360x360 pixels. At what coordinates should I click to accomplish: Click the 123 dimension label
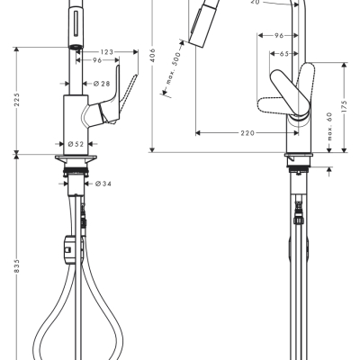(107, 52)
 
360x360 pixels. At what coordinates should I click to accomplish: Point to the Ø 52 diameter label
(76, 144)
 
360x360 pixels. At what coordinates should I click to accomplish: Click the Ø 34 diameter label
(103, 184)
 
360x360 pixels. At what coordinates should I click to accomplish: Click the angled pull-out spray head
(202, 23)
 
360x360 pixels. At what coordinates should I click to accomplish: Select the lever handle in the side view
(284, 96)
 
